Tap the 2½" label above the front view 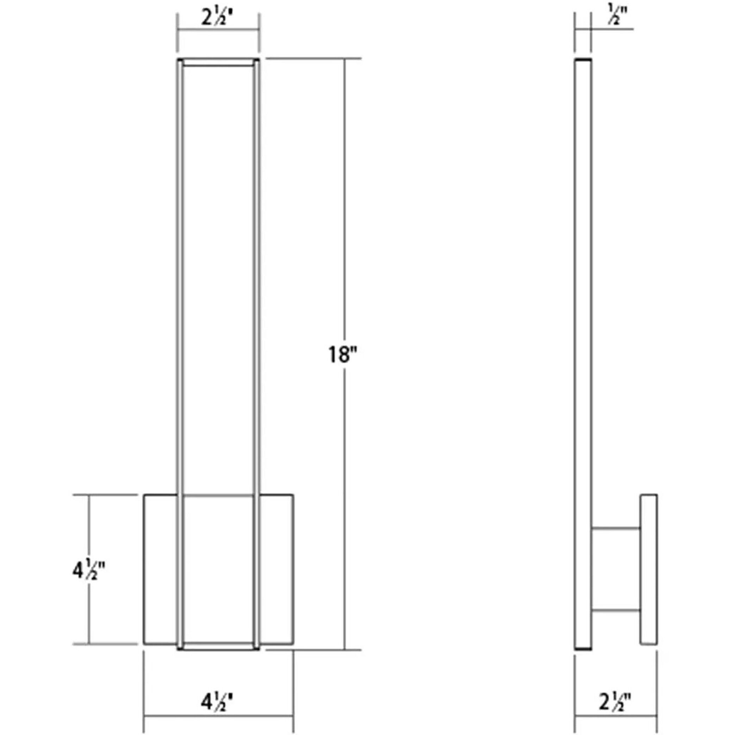point(217,18)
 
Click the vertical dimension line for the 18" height point(345,228)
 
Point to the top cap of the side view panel point(583,60)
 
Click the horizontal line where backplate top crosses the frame point(218,496)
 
